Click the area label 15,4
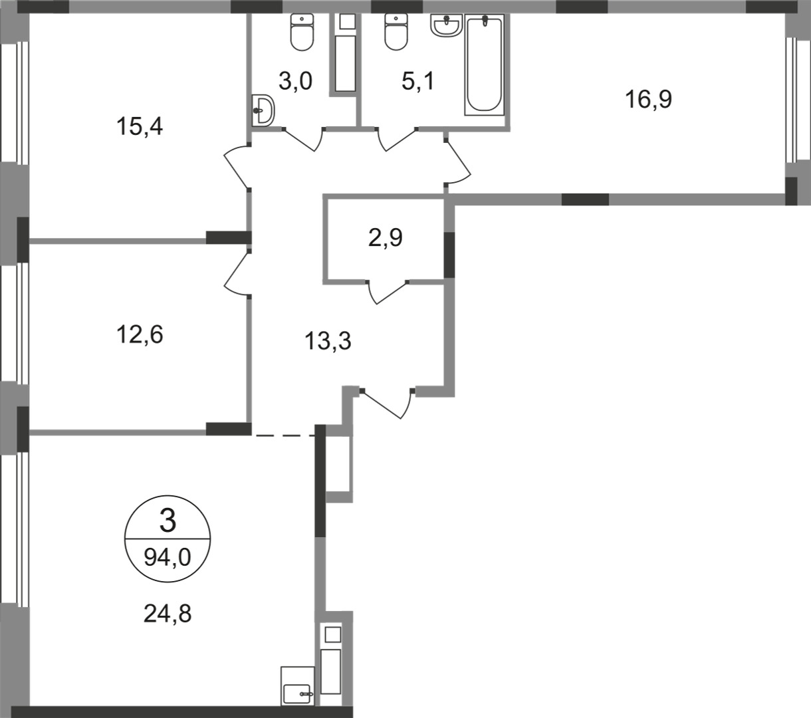click(x=140, y=127)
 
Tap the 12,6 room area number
click(x=140, y=334)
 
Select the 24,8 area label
click(x=168, y=614)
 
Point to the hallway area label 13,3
click(x=328, y=342)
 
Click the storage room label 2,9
click(x=386, y=238)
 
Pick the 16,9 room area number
click(x=649, y=99)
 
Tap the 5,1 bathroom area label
click(x=418, y=81)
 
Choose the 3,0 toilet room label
click(x=295, y=81)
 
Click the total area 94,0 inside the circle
click(x=168, y=557)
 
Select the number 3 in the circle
click(x=168, y=522)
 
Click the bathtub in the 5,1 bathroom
click(x=485, y=65)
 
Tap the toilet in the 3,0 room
click(x=302, y=32)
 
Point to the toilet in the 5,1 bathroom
click(x=396, y=32)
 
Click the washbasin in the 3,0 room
click(x=263, y=110)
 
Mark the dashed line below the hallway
click(x=285, y=435)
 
